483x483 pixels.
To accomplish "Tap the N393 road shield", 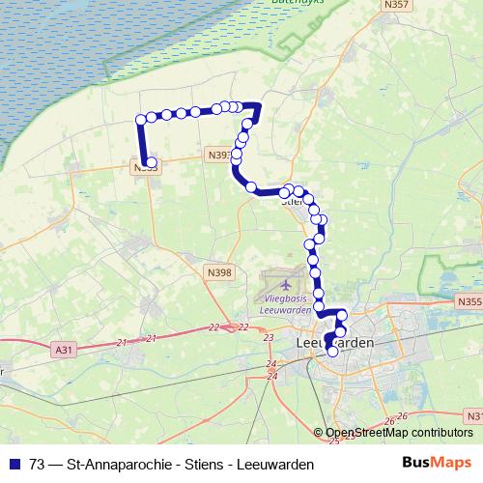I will (x=217, y=154).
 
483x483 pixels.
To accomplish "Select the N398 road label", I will (x=219, y=273).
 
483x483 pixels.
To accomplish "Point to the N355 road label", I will (x=469, y=302).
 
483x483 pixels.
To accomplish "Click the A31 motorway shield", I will (x=65, y=349).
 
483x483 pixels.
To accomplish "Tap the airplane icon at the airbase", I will (x=286, y=286).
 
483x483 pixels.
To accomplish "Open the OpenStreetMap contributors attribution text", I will (x=399, y=433).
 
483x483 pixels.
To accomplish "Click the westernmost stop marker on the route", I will (x=141, y=120).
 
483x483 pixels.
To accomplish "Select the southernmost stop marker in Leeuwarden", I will (x=333, y=352).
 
